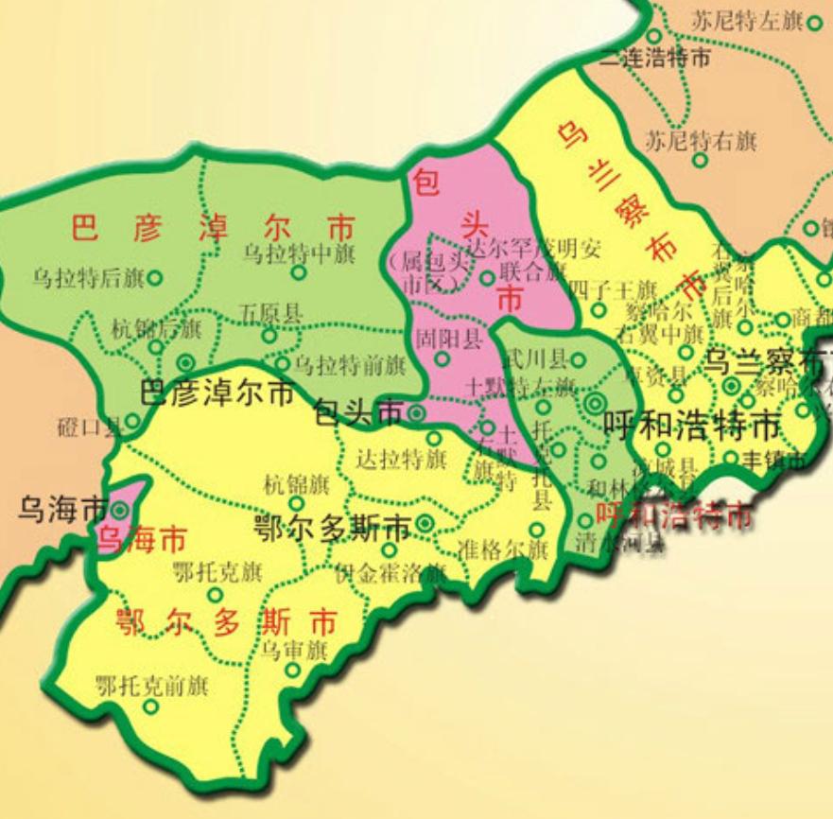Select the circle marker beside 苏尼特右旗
coord(702,160)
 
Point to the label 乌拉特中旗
coord(299,253)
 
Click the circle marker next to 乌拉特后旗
coord(154,278)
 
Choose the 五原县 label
coord(270,312)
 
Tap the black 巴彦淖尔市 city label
coord(217,393)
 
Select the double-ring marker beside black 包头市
coord(417,412)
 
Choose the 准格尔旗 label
coord(502,549)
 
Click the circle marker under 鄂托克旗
coord(216,594)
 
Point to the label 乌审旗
coord(294,650)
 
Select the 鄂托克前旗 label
coord(152,686)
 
